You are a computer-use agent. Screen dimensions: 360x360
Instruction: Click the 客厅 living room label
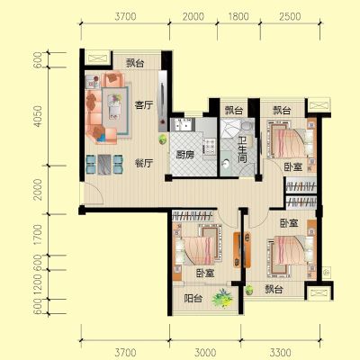click(144, 105)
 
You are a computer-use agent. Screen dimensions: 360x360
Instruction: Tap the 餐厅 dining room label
click(144, 163)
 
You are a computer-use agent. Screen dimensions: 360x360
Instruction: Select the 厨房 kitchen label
click(184, 155)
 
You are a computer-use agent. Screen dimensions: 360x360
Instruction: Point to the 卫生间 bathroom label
click(242, 150)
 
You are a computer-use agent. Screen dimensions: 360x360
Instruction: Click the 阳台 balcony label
click(193, 298)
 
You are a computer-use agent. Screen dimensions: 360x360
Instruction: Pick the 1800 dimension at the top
click(238, 16)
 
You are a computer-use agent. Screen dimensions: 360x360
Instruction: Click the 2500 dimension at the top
click(290, 16)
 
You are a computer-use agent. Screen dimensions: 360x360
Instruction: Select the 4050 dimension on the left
click(38, 116)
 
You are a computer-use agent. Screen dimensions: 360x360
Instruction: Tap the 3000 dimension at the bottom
click(205, 352)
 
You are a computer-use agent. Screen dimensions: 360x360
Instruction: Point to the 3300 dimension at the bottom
click(280, 352)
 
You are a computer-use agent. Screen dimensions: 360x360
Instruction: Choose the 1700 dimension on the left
click(38, 234)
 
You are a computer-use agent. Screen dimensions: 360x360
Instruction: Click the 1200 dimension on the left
click(38, 284)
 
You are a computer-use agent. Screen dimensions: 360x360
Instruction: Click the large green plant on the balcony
click(222, 298)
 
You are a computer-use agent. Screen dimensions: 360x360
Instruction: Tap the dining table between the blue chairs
click(104, 165)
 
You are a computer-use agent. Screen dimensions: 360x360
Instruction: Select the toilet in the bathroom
click(247, 125)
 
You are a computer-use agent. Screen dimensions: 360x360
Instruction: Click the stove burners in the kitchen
click(210, 146)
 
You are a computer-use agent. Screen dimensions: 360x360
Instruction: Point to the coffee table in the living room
click(114, 107)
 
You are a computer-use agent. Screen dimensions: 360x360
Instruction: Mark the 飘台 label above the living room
click(135, 63)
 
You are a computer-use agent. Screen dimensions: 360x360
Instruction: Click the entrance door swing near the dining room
click(93, 193)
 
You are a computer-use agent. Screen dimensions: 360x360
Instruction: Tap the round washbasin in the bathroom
click(225, 163)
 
